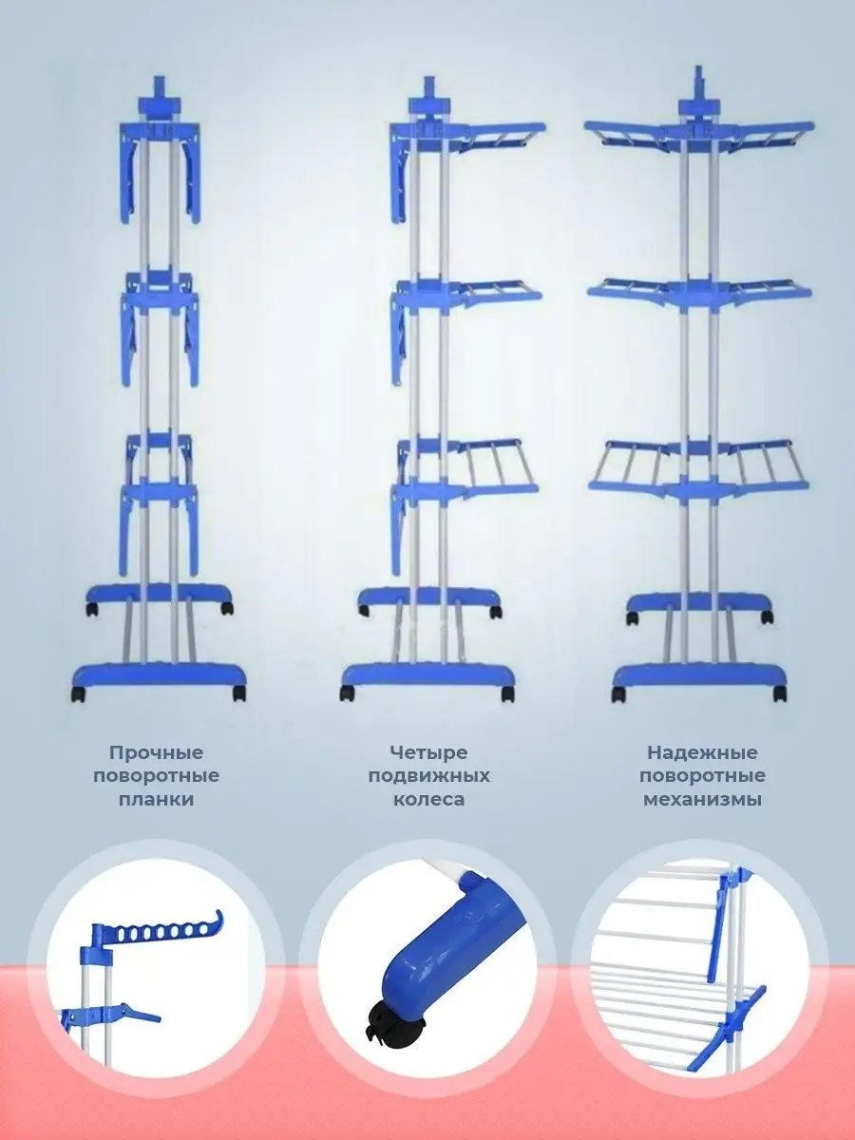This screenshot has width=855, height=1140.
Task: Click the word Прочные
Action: (x=156, y=753)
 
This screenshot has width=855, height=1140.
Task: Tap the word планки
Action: (x=156, y=799)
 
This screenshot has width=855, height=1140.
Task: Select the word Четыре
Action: (x=428, y=753)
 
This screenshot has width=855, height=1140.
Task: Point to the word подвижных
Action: (x=428, y=776)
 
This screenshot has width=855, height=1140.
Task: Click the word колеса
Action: (x=428, y=799)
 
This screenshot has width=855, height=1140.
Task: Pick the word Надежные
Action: (x=702, y=753)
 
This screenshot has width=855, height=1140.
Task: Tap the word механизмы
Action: (x=702, y=799)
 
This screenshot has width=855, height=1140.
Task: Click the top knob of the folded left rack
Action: (x=159, y=91)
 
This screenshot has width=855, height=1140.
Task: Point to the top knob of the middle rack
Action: (x=428, y=90)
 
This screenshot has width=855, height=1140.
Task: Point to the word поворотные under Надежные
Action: (x=702, y=776)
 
